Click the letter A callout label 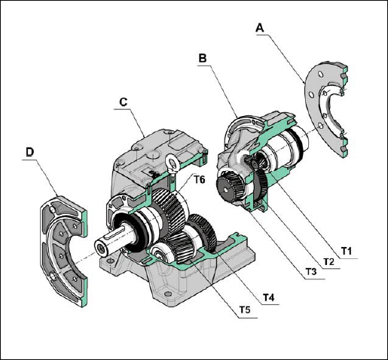(260, 28)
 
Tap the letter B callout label (203, 58)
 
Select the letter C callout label (124, 102)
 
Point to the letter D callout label (30, 152)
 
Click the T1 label (347, 251)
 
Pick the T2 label (329, 261)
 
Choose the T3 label (311, 271)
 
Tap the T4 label (269, 297)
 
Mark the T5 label (245, 310)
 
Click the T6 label (199, 180)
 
